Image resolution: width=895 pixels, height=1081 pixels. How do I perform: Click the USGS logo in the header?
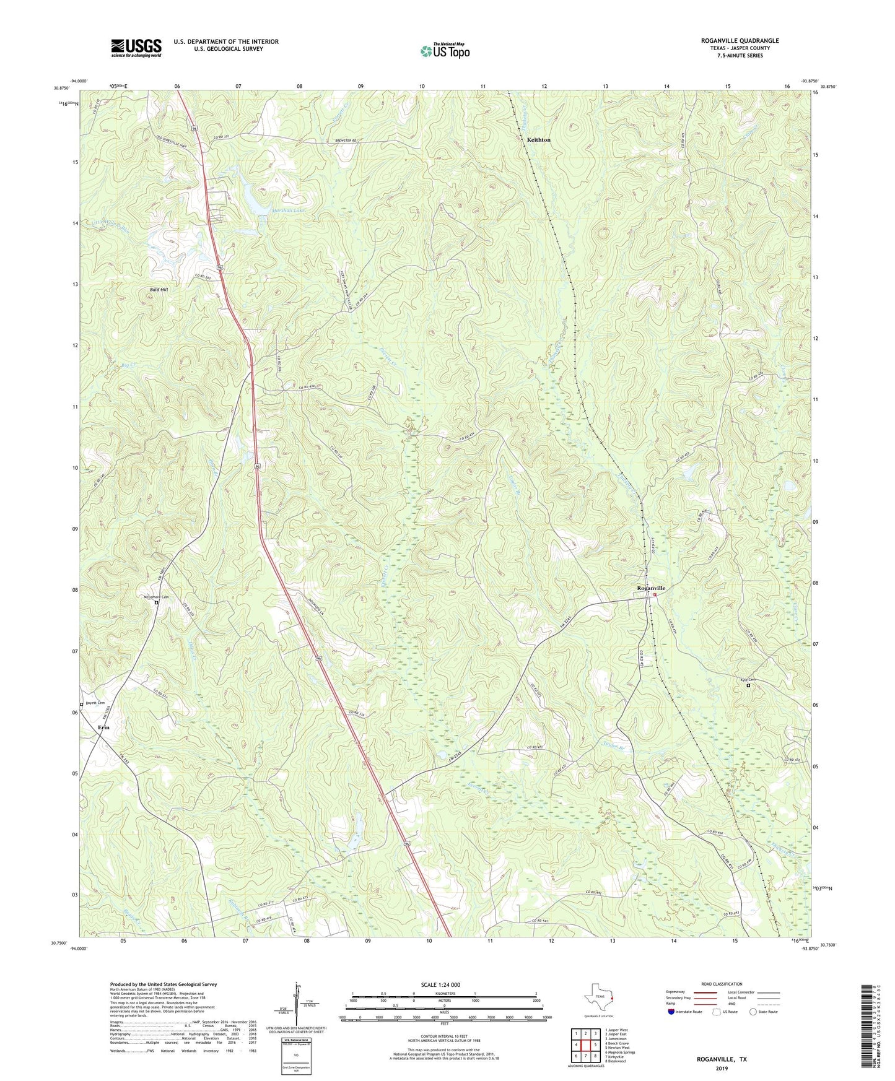pos(136,48)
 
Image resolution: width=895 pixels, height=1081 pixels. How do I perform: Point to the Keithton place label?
pos(538,140)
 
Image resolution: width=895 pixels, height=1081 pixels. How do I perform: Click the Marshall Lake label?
pos(288,211)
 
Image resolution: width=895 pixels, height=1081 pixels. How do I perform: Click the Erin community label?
pos(103,727)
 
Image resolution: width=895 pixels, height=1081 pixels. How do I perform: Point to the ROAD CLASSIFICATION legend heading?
pos(722,984)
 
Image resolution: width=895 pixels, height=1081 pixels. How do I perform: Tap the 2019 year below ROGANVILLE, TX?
pos(722,1068)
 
